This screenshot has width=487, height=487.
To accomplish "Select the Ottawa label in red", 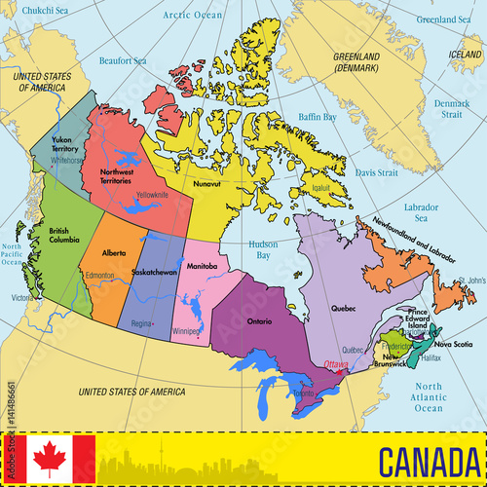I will pos(336,363).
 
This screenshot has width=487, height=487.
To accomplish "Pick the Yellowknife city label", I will pos(152,194).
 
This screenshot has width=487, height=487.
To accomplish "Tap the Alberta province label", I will pos(114,252).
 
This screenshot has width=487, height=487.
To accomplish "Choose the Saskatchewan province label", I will pos(155,272).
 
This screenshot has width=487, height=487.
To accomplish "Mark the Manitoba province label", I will pos(202,266).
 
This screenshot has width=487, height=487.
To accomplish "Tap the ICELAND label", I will pos(465,56).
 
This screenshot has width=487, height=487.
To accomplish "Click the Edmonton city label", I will pos(99,276).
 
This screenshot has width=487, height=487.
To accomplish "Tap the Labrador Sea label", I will pos(421,211).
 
